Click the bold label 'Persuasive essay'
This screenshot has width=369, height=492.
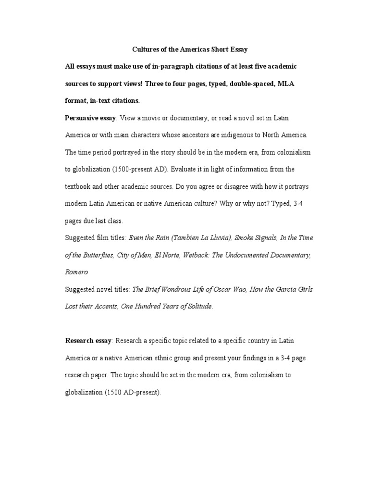[88, 118]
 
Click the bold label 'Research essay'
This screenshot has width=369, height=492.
[88, 341]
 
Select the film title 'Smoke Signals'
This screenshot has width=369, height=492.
[249, 238]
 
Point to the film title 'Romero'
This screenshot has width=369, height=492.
[77, 272]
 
